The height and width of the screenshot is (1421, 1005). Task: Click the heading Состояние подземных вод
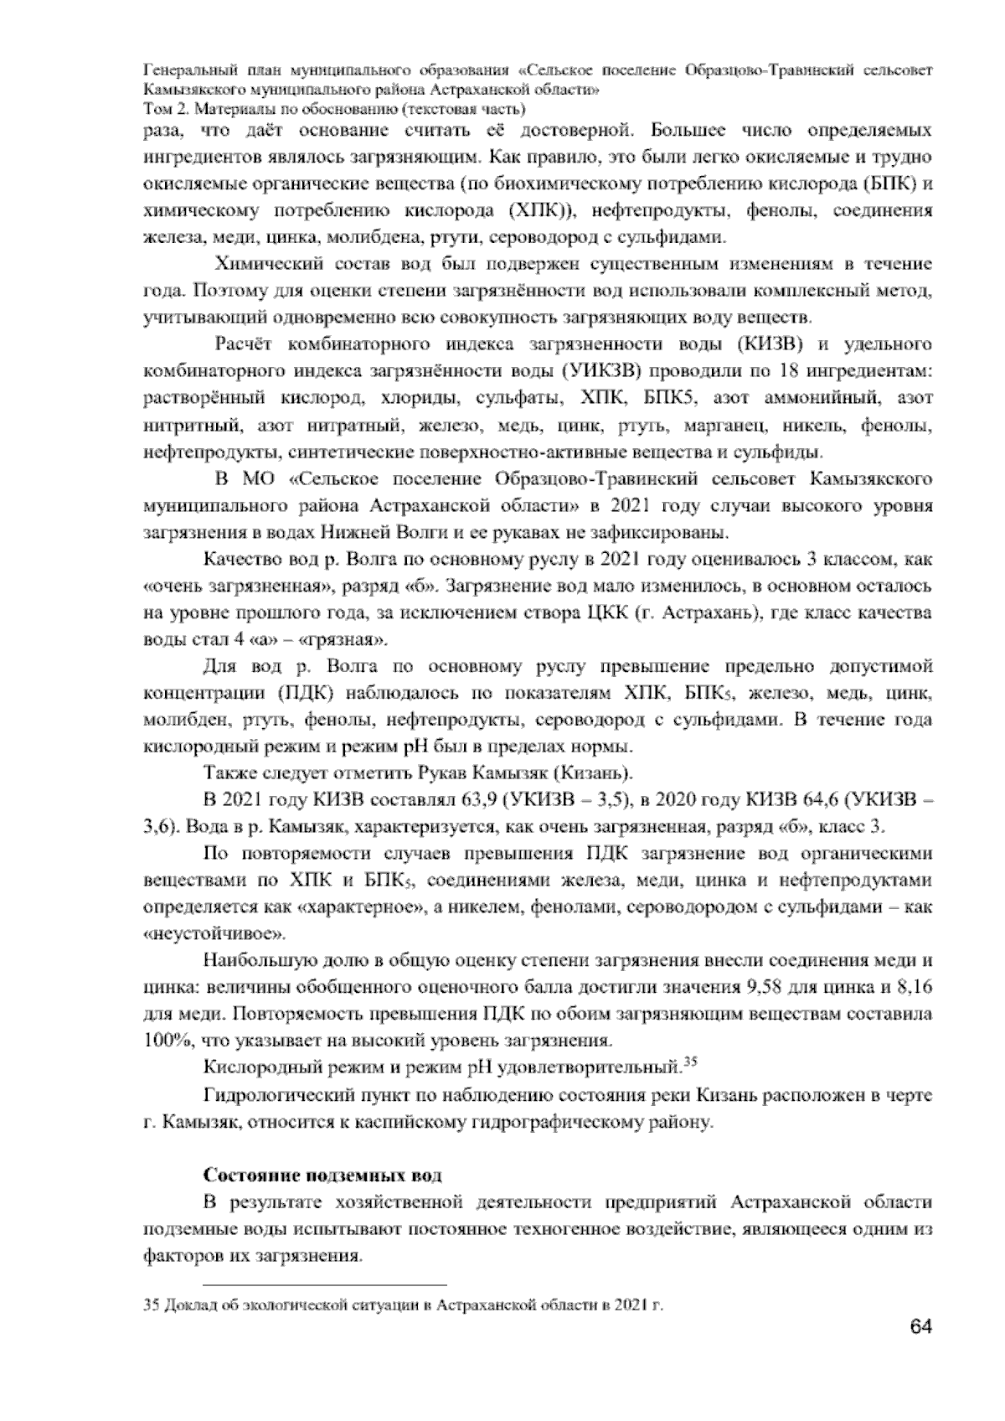click(322, 1176)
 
